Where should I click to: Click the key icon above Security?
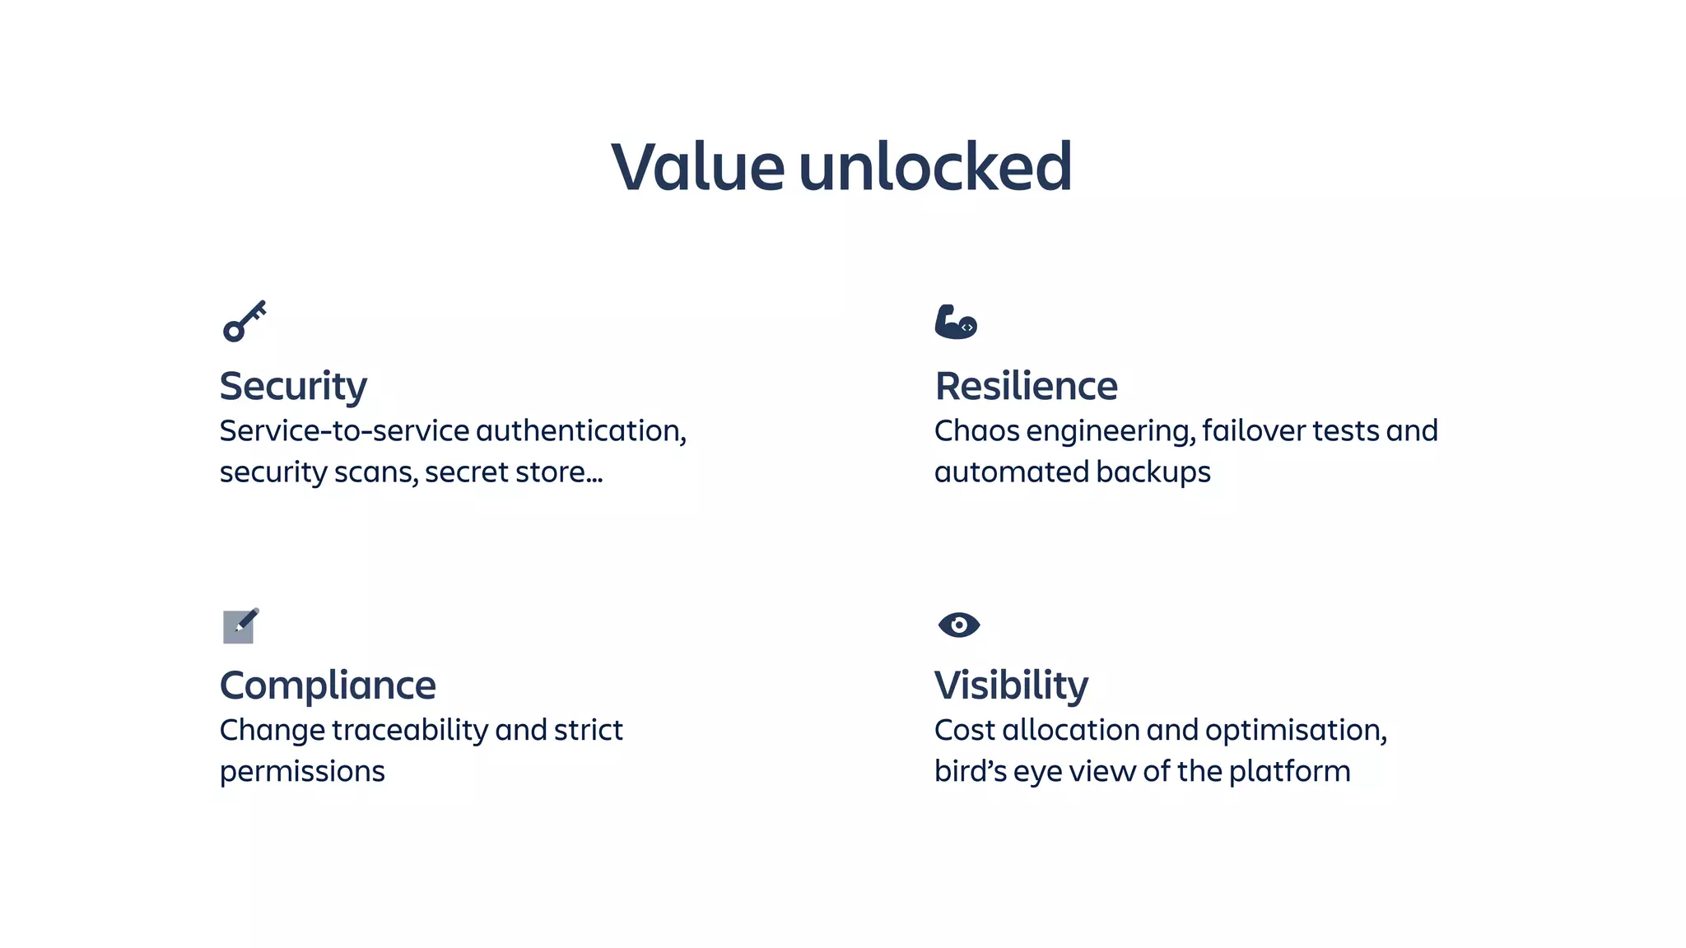pyautogui.click(x=245, y=321)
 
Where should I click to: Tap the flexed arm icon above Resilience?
pyautogui.click(x=955, y=322)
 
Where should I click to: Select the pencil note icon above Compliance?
pyautogui.click(x=240, y=626)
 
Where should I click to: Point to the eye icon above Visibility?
pyautogui.click(x=958, y=625)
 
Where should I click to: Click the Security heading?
pyautogui.click(x=293, y=386)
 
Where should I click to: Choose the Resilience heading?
pyautogui.click(x=1026, y=386)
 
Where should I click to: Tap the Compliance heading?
pyautogui.click(x=328, y=685)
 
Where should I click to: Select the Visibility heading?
pyautogui.click(x=1011, y=685)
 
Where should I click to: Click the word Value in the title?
pyautogui.click(x=697, y=167)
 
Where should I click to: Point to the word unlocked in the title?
pyautogui.click(x=935, y=167)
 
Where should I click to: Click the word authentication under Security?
pyautogui.click(x=580, y=430)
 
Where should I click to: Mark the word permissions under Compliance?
pyautogui.click(x=302, y=772)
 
